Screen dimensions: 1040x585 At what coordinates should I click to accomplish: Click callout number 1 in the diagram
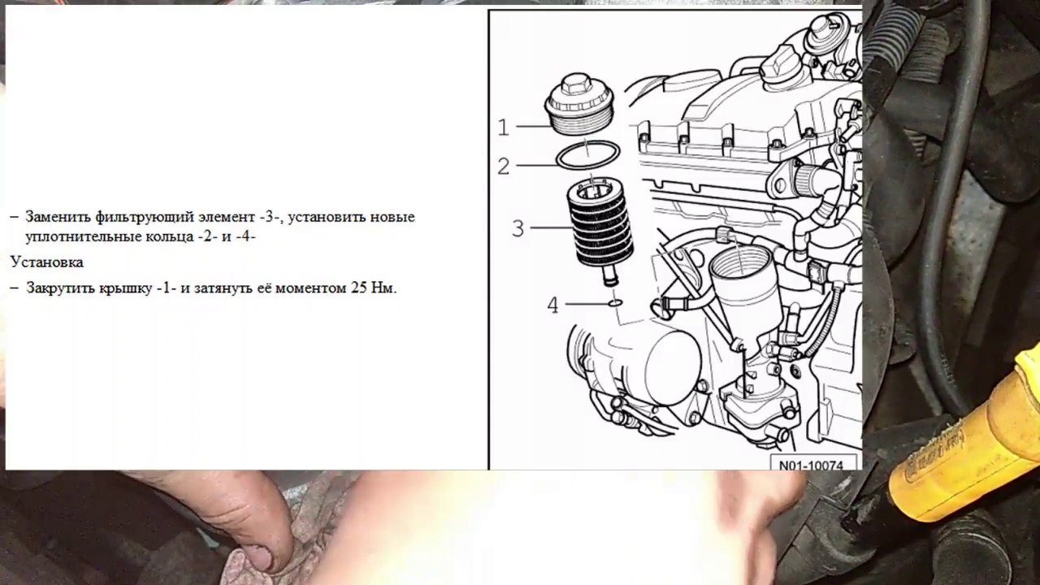(503, 128)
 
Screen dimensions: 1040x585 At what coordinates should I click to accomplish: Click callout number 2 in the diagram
(503, 167)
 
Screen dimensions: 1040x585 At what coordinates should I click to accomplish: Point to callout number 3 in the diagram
(518, 228)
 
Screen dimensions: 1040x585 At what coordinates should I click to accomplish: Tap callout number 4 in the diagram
(552, 305)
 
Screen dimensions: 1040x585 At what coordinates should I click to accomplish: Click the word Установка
(47, 262)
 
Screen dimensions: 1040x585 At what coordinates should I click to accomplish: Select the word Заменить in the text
(58, 217)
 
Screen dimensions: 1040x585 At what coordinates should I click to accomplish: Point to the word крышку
(125, 288)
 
